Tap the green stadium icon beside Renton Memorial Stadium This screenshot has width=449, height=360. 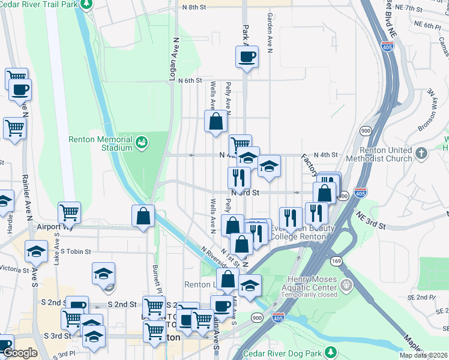point(142,142)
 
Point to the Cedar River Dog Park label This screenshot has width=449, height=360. point(292,351)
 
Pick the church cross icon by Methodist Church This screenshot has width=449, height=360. point(421,154)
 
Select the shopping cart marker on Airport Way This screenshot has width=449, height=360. point(69,212)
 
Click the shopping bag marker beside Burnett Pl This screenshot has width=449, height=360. point(143,217)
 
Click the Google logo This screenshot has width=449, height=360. point(20,353)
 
